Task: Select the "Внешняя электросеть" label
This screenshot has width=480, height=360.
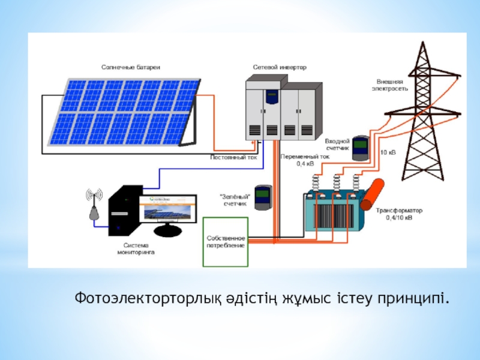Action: pyautogui.click(x=393, y=84)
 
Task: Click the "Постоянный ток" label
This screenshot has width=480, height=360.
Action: pyautogui.click(x=233, y=158)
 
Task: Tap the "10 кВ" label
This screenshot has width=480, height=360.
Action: pyautogui.click(x=388, y=152)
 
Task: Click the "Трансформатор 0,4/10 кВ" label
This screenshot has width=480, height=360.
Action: pyautogui.click(x=399, y=214)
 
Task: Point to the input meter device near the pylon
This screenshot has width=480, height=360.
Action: pyautogui.click(x=360, y=148)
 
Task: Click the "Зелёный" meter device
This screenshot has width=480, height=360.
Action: pyautogui.click(x=262, y=197)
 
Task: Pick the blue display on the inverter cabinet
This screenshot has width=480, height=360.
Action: pyautogui.click(x=273, y=95)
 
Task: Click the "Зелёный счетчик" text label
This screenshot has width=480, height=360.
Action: pyautogui.click(x=236, y=200)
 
